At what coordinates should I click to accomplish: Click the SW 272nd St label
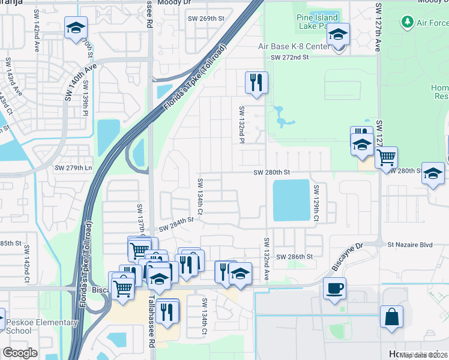[x=289, y=58]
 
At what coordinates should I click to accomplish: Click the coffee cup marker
[x=334, y=287]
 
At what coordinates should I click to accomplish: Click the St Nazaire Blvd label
[x=410, y=244]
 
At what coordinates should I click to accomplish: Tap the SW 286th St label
[x=295, y=257]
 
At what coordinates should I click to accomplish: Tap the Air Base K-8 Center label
[x=292, y=46]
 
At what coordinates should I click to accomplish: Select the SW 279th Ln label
[x=74, y=168]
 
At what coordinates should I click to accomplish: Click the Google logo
[x=20, y=353]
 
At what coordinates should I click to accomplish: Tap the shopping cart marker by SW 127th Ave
[x=386, y=157]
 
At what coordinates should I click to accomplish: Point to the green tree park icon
[x=408, y=22]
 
